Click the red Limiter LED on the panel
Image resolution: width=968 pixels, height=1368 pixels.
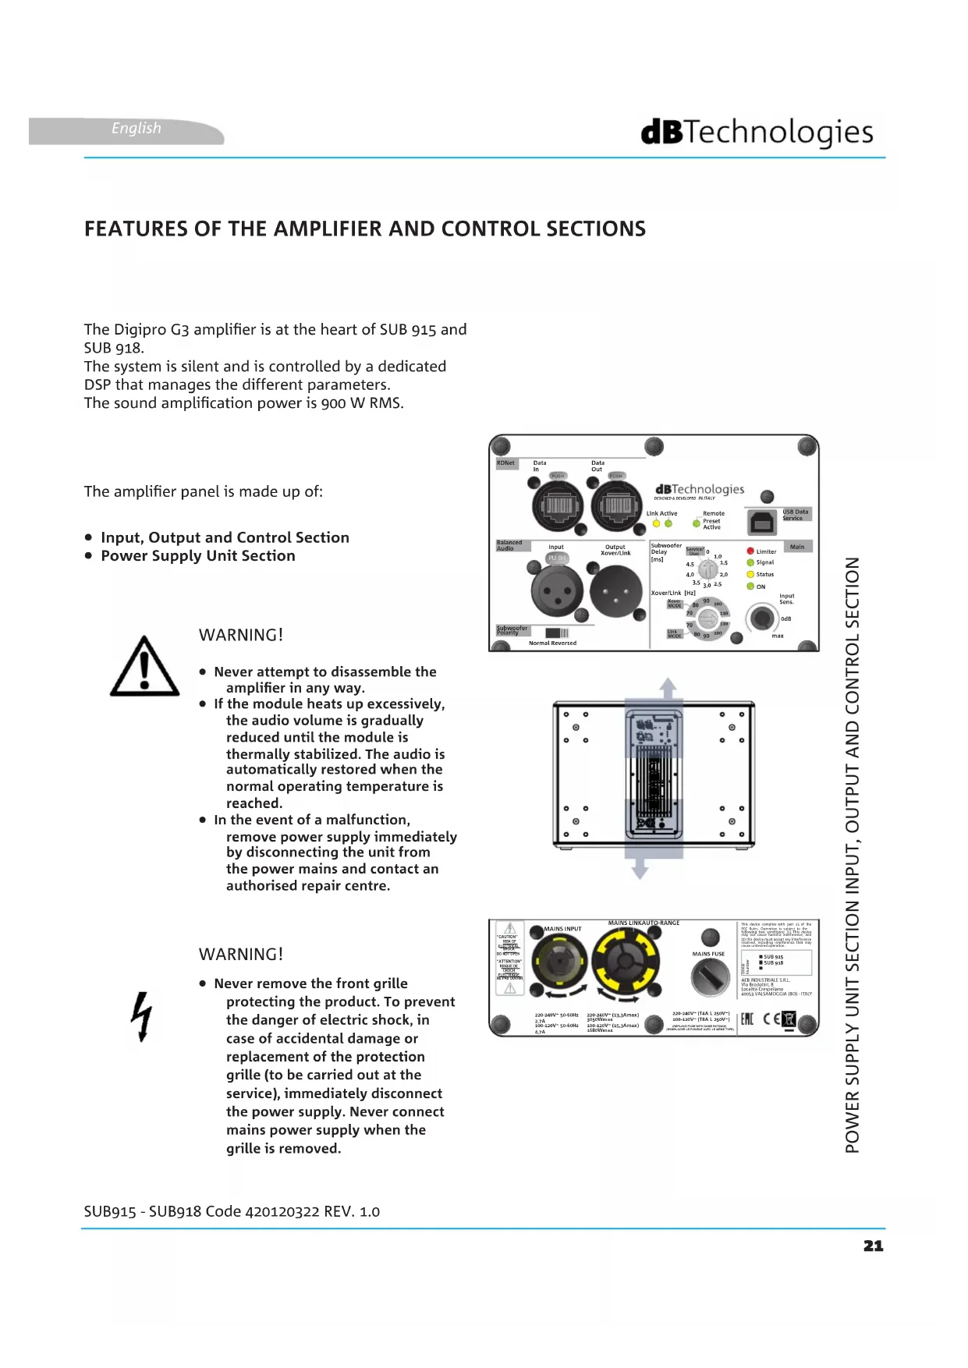point(750,551)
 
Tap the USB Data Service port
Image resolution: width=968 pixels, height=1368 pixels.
point(761,523)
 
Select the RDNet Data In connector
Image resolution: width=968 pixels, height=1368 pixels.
point(557,506)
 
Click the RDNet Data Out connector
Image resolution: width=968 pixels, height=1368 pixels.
point(617,506)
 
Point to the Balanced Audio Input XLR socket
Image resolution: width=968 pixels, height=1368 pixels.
point(557,590)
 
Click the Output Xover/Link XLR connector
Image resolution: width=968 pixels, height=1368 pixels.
point(615,590)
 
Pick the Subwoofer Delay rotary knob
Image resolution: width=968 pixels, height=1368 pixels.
point(707,569)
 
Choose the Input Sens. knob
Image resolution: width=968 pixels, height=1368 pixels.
point(761,618)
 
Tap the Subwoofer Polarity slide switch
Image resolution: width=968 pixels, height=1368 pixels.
point(557,633)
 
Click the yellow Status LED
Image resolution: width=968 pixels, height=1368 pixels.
point(750,574)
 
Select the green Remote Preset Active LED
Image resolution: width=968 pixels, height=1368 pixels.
point(697,523)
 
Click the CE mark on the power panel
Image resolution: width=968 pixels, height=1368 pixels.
point(771,1019)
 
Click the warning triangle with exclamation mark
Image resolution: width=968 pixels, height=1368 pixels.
point(144,668)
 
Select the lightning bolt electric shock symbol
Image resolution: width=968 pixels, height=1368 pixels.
point(141,1016)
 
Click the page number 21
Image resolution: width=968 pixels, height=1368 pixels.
point(873,1246)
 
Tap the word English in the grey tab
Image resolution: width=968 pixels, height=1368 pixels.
point(137,129)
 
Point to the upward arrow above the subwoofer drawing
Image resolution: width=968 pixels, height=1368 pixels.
point(668,688)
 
